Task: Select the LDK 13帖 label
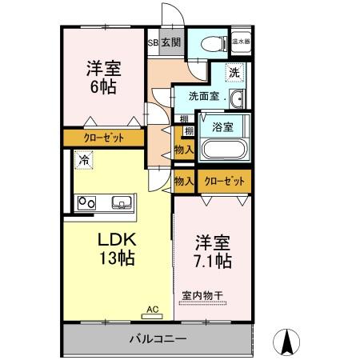pyautogui.click(x=116, y=249)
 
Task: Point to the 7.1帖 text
pyautogui.click(x=212, y=261)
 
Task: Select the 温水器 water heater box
pyautogui.click(x=241, y=39)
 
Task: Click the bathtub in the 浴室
pyautogui.click(x=223, y=150)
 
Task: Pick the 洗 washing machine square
pyautogui.click(x=234, y=72)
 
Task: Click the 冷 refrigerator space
pyautogui.click(x=84, y=160)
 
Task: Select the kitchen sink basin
pyautogui.click(x=122, y=202)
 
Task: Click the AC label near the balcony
pyautogui.click(x=153, y=307)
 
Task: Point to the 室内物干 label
pyautogui.click(x=204, y=294)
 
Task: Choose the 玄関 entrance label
pyautogui.click(x=170, y=42)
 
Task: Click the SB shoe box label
pyautogui.click(x=152, y=42)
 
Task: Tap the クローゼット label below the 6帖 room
pyautogui.click(x=104, y=138)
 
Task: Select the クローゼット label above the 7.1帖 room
pyautogui.click(x=224, y=181)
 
